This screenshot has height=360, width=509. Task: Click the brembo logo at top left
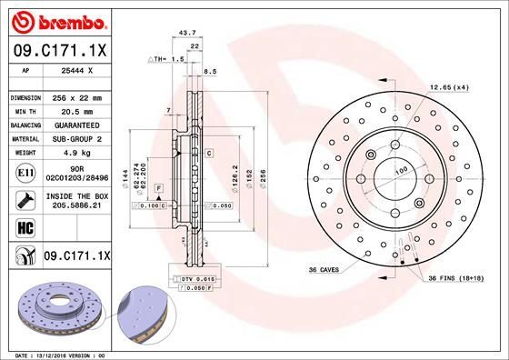coord(56,19)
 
